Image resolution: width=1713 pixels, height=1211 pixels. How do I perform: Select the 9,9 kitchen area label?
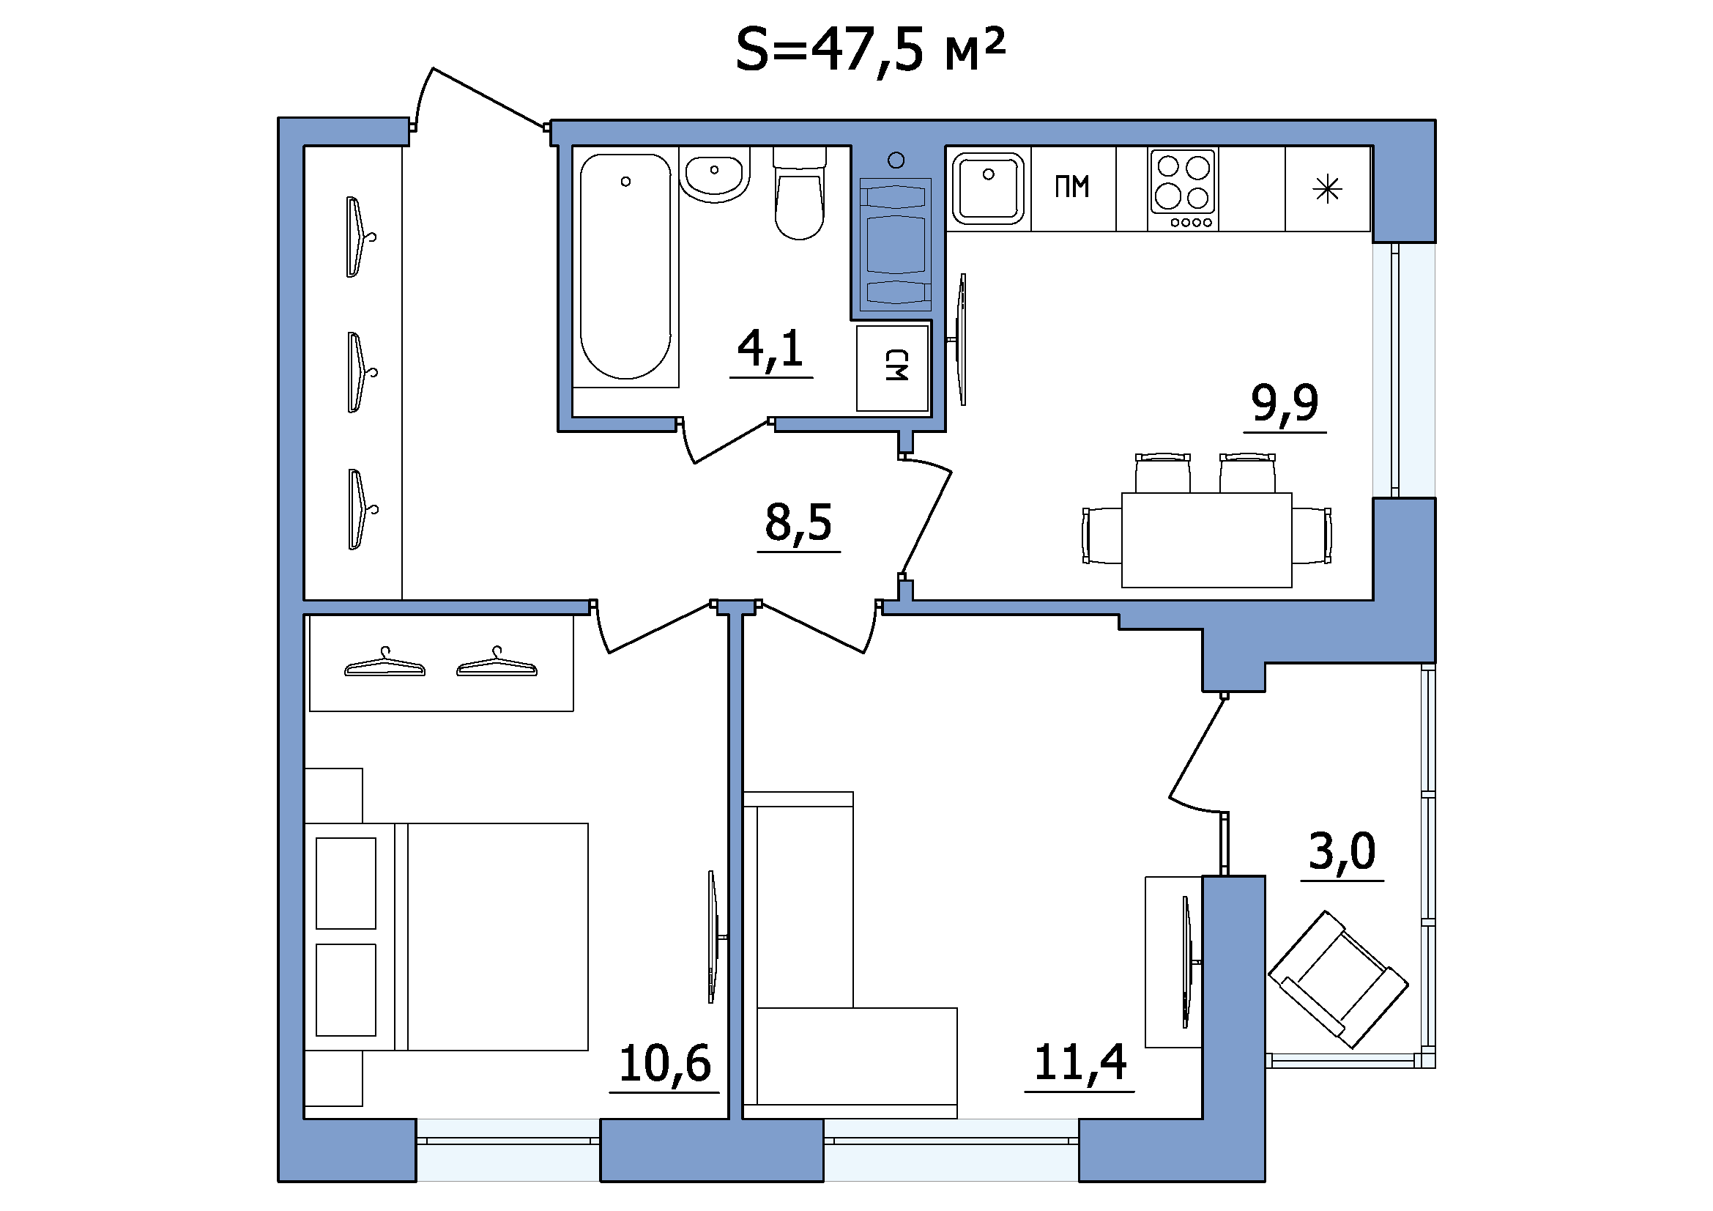pyautogui.click(x=1285, y=403)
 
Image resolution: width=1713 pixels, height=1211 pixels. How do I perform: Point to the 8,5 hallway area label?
pyautogui.click(x=798, y=522)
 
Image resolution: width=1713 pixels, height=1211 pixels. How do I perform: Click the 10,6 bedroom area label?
pyautogui.click(x=665, y=1063)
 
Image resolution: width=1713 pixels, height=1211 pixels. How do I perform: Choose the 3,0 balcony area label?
pyautogui.click(x=1342, y=851)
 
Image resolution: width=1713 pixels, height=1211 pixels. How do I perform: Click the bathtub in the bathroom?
pyautogui.click(x=625, y=267)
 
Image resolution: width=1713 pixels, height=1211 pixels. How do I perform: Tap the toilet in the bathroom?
pyautogui.click(x=800, y=193)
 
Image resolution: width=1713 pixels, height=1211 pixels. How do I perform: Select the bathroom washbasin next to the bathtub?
pyautogui.click(x=715, y=174)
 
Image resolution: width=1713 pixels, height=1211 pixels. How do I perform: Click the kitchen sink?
pyautogui.click(x=988, y=189)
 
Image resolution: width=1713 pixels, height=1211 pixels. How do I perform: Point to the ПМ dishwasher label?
pyautogui.click(x=1072, y=187)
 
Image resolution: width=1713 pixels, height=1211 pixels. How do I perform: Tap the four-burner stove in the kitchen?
pyautogui.click(x=1183, y=190)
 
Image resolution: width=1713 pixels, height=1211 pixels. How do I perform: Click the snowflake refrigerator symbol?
pyautogui.click(x=1327, y=190)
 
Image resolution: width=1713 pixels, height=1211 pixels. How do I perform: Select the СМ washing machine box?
pyautogui.click(x=893, y=368)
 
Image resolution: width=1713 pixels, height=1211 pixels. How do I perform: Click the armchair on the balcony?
pyautogui.click(x=1338, y=979)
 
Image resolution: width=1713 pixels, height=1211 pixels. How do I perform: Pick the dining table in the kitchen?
pyautogui.click(x=1206, y=539)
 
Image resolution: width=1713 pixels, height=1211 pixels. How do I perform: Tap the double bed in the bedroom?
pyautogui.click(x=446, y=937)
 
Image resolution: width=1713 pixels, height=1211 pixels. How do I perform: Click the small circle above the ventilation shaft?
pyautogui.click(x=897, y=160)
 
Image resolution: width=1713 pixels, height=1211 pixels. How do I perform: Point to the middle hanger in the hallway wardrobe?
pyautogui.click(x=360, y=372)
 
